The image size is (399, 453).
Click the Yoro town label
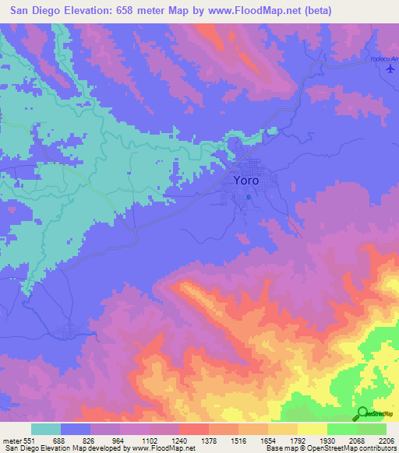[x=245, y=180]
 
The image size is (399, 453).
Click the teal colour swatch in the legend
[x=46, y=430]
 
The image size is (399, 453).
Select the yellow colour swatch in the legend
[x=312, y=430]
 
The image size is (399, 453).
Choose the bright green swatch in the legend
[x=341, y=430]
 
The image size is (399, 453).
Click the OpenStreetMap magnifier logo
[x=362, y=413]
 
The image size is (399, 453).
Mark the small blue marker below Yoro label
[x=248, y=197]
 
